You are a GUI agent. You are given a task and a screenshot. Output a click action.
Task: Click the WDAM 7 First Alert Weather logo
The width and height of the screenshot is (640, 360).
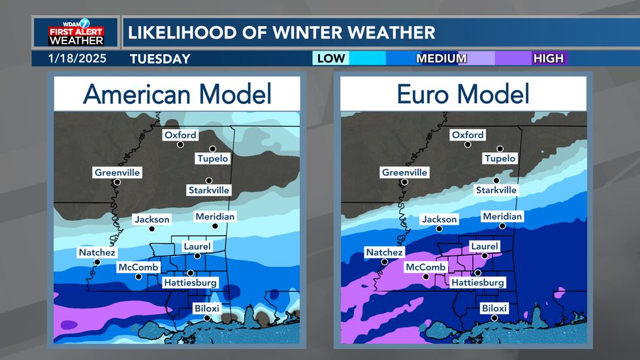(x=75, y=32)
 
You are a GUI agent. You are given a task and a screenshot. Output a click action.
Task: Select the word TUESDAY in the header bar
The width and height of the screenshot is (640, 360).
(x=160, y=59)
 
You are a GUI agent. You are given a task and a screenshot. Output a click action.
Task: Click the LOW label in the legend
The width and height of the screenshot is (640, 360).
(x=330, y=59)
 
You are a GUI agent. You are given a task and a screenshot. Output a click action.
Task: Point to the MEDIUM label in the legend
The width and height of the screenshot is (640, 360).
(x=441, y=59)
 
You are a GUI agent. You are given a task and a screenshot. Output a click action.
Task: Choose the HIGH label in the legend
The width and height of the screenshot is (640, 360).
(x=548, y=59)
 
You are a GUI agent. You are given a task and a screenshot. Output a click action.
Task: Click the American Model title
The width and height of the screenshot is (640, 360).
(x=177, y=95)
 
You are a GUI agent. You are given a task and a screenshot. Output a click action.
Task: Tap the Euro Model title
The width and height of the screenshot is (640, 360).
(x=464, y=95)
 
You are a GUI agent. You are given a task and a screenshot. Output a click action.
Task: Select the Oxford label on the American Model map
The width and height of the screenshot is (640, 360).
(x=180, y=135)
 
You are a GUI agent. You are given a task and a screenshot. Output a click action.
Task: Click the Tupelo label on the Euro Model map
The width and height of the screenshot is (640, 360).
(x=500, y=158)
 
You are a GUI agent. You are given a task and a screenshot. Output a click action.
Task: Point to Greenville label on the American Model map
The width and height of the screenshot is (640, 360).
(x=118, y=172)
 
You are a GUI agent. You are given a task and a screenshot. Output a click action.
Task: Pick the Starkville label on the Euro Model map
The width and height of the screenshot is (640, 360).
(x=496, y=189)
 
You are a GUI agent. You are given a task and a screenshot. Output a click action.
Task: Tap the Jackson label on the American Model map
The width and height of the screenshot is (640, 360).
(x=152, y=220)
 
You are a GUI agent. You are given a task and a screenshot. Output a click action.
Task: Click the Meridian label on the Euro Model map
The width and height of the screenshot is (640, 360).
(x=502, y=216)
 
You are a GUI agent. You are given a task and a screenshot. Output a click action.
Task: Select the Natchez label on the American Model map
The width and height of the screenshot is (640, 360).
(x=97, y=252)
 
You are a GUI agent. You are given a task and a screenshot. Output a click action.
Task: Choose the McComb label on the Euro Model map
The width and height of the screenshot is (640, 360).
(x=425, y=267)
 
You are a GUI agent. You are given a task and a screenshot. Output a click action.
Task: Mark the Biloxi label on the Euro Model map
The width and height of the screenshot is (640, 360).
(x=494, y=308)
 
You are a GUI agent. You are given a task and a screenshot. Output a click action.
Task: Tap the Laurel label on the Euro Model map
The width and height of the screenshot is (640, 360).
(x=484, y=246)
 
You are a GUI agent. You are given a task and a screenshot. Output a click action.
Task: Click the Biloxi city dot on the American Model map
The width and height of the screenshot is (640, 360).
(x=207, y=318)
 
